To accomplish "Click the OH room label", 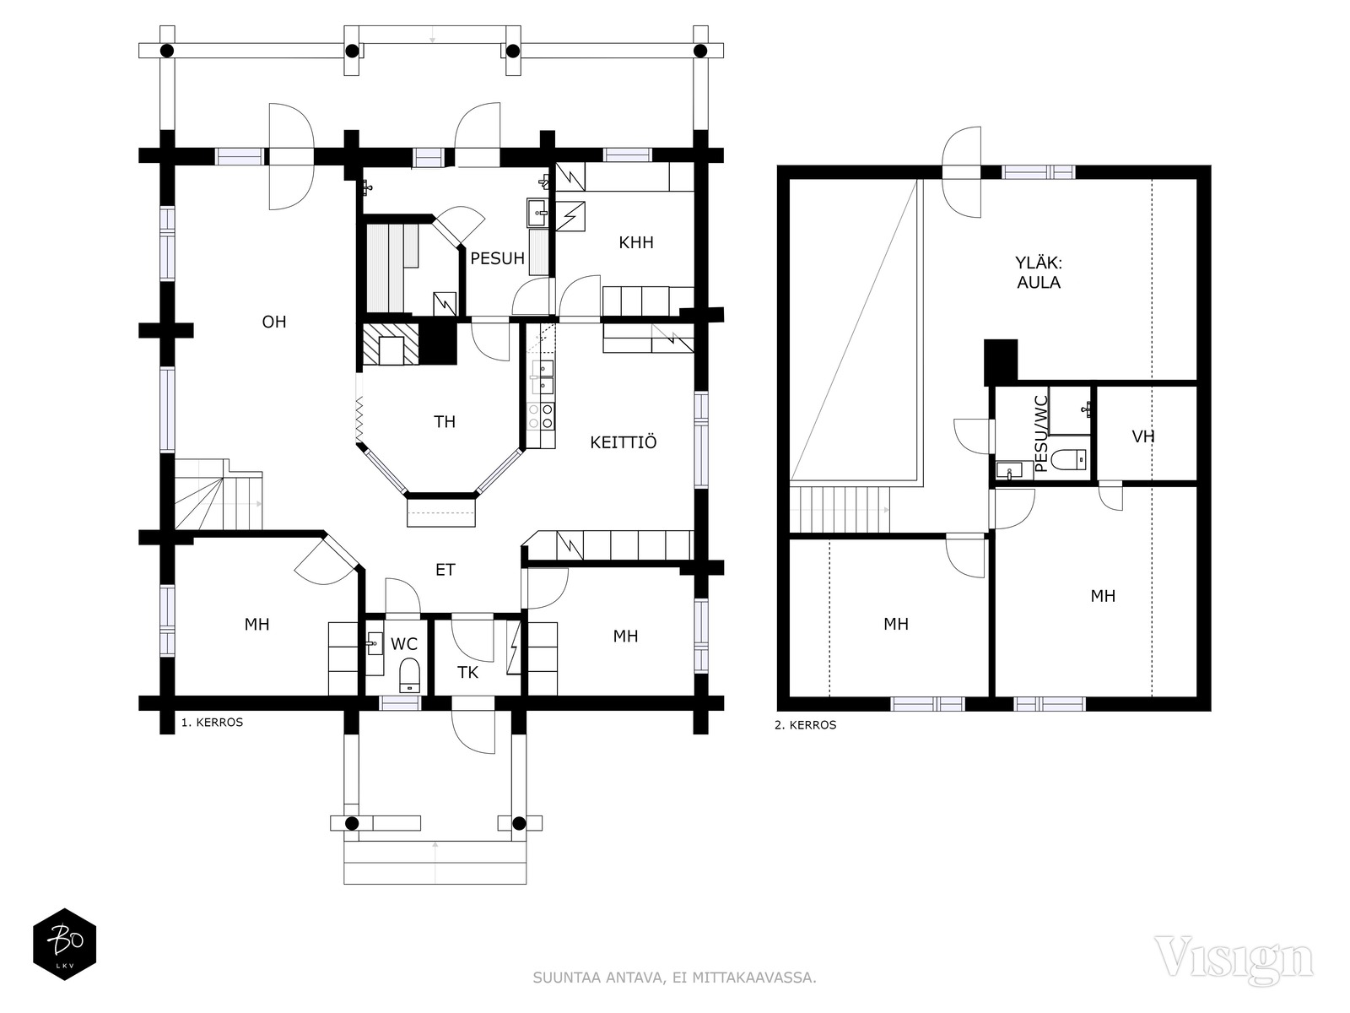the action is point(274,322).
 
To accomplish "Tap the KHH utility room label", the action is point(636,242).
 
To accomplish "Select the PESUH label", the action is point(497,258).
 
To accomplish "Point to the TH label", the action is point(444,421).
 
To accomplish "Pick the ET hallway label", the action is point(445,570).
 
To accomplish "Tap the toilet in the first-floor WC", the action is point(409,675).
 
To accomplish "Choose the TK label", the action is point(467,672).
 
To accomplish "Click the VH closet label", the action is point(1142,436).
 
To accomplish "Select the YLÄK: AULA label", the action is point(1038,273).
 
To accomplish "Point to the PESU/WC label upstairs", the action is point(1040,434).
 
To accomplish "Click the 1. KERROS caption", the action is point(212,722).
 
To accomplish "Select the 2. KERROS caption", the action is point(805,725).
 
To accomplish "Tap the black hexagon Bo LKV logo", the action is point(65,944).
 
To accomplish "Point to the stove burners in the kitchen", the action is point(541,416).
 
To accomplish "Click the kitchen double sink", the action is point(541,377).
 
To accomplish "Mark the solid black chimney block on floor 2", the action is point(1001,361).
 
